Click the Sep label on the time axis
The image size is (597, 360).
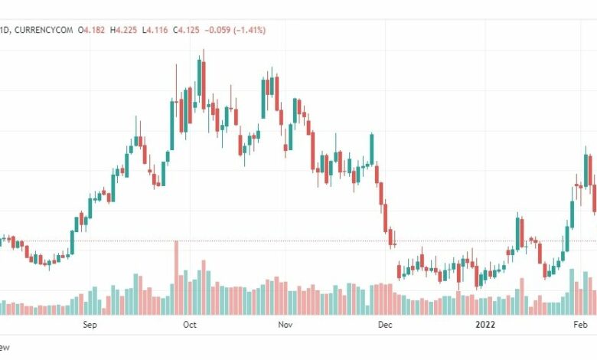click(x=90, y=325)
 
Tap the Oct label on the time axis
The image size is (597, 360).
click(x=190, y=325)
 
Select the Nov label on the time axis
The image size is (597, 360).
click(x=285, y=325)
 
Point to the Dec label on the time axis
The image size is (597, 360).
click(x=385, y=325)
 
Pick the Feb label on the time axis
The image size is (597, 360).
click(x=582, y=325)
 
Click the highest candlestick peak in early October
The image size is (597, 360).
click(x=203, y=51)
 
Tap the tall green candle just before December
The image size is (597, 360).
click(x=371, y=149)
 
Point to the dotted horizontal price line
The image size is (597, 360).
click(x=306, y=241)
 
